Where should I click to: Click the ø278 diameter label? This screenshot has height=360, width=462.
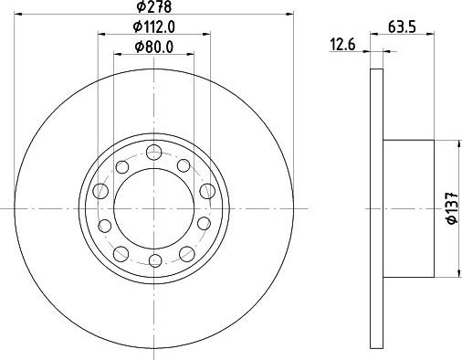coord(153,7)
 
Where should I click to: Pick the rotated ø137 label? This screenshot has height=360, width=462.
coord(449,209)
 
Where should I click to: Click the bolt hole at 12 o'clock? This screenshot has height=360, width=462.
coord(153,151)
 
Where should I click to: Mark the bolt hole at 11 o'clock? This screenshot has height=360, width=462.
coord(121,165)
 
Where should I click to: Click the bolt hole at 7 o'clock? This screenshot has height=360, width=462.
coord(121,252)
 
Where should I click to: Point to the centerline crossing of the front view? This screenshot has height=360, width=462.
coord(153,209)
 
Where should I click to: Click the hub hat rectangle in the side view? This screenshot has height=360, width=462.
coord(407,209)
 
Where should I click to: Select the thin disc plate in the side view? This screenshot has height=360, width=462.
coord(376,209)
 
